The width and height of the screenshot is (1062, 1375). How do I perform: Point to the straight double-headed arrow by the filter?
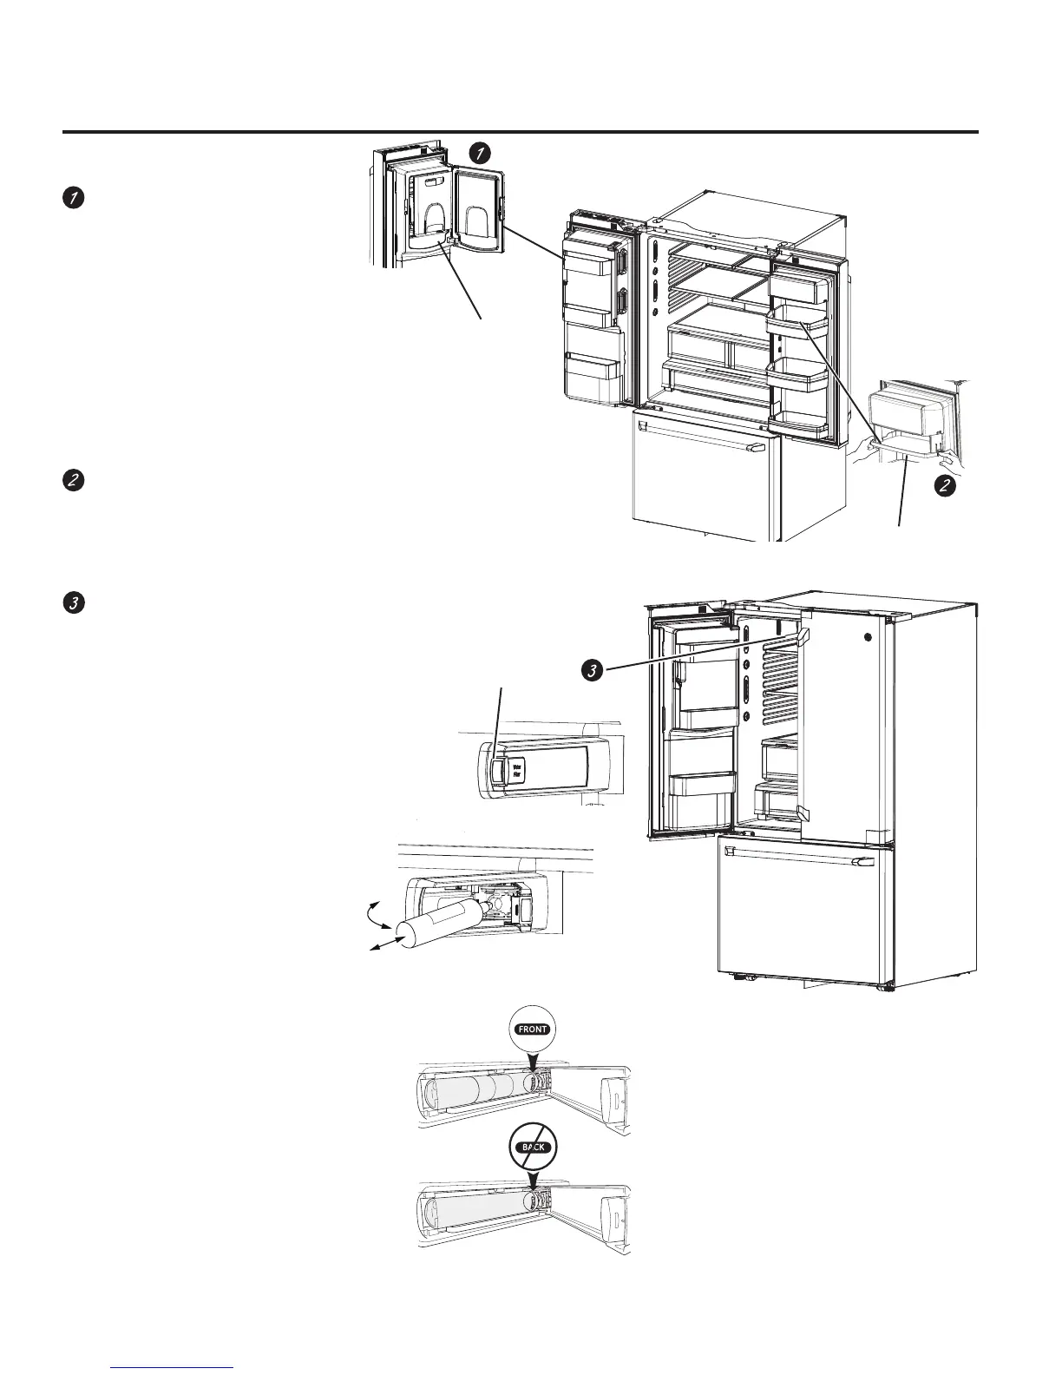pos(381,945)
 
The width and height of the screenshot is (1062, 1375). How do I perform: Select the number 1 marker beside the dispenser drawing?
pos(478,153)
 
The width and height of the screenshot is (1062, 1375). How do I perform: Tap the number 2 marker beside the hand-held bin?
pos(945,487)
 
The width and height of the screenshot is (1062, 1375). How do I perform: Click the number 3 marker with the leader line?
pos(591,669)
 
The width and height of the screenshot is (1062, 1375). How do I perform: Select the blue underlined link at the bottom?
pos(173,1365)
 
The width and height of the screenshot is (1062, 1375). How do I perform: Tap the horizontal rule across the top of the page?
pos(521,133)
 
